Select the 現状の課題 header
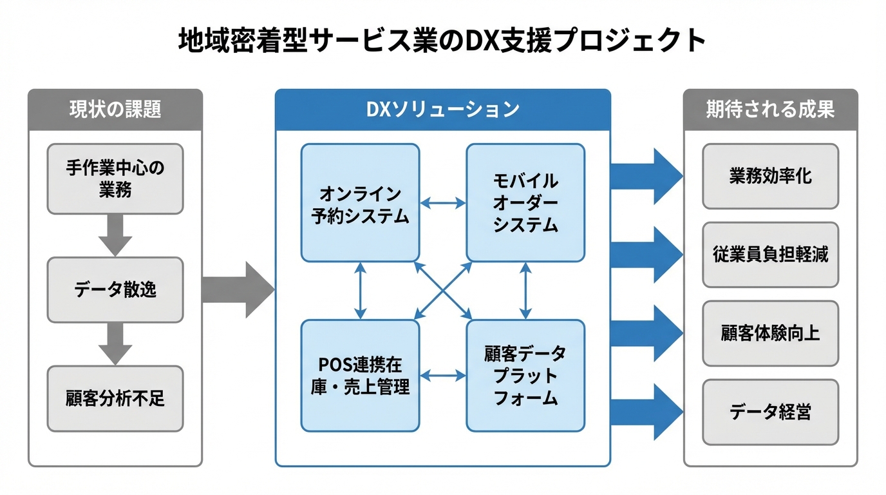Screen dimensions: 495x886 [x=115, y=110]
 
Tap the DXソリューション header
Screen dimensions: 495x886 [x=442, y=110]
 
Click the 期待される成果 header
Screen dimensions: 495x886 [x=770, y=110]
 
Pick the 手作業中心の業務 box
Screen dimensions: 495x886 [x=115, y=179]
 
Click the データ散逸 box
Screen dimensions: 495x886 [x=115, y=290]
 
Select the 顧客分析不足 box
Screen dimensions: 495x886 [x=115, y=398]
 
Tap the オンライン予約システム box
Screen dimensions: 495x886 [x=361, y=203]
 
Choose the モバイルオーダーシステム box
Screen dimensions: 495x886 [x=525, y=203]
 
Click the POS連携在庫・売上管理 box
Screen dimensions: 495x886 [x=361, y=376]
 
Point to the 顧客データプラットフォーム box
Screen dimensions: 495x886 [x=525, y=376]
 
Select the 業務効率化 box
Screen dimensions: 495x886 [x=770, y=176]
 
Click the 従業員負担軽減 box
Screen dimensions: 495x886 [x=770, y=255]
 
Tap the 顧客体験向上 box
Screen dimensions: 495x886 [x=770, y=333]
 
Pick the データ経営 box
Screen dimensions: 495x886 [x=770, y=412]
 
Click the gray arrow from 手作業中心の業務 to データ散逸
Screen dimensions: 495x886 [x=115, y=235]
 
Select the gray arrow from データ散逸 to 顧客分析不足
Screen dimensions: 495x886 [x=115, y=344]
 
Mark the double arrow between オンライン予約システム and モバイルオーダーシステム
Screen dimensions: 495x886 [x=443, y=203]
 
